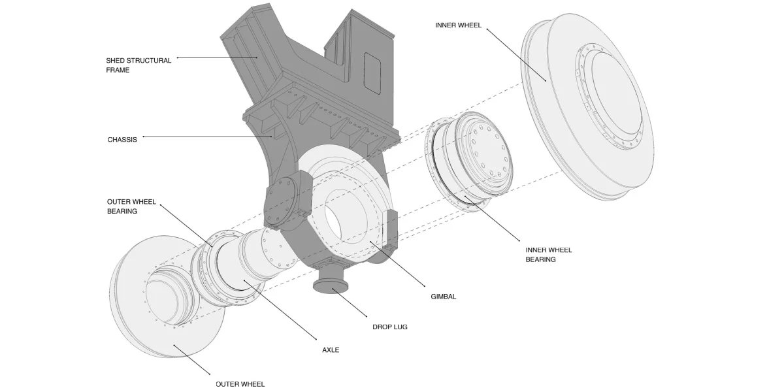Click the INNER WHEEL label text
(x=458, y=25)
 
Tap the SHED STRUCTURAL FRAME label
(x=139, y=65)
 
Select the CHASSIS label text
(x=122, y=139)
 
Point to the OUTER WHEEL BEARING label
(x=131, y=206)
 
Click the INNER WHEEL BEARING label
(x=548, y=255)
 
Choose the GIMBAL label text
(x=443, y=297)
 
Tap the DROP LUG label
(x=389, y=327)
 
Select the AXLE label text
(x=331, y=350)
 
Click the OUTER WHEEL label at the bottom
(x=240, y=384)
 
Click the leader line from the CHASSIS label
(x=209, y=137)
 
